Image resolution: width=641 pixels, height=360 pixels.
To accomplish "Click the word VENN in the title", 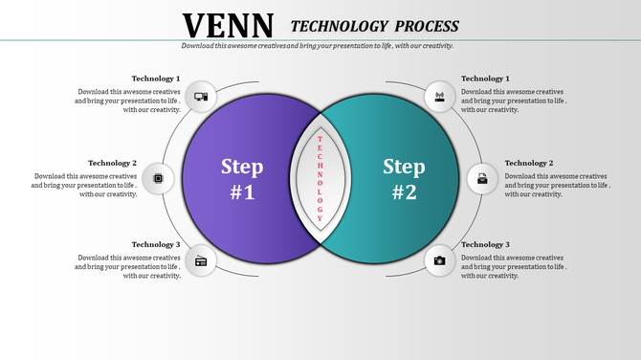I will pyautogui.click(x=228, y=25).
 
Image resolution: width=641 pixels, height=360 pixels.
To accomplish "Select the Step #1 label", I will pyautogui.click(x=242, y=178).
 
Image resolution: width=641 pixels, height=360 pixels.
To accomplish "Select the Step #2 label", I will pyautogui.click(x=405, y=178).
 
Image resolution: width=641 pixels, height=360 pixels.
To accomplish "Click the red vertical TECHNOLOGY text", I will pyautogui.click(x=320, y=178).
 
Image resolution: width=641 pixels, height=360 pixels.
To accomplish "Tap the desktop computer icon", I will pyautogui.click(x=201, y=96).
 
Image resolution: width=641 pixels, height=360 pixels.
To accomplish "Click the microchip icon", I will pyautogui.click(x=158, y=178).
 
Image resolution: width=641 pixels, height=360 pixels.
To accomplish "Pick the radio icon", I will pyautogui.click(x=201, y=260).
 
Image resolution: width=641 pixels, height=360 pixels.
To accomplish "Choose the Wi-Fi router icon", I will pyautogui.click(x=440, y=96).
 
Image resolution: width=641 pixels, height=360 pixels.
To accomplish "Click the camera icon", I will pyautogui.click(x=440, y=260).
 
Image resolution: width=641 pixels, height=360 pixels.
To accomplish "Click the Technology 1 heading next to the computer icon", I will pyautogui.click(x=155, y=79).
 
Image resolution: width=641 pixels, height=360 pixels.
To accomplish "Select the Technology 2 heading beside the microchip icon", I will pyautogui.click(x=112, y=163).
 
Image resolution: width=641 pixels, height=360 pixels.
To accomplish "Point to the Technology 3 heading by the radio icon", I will pyautogui.click(x=155, y=245).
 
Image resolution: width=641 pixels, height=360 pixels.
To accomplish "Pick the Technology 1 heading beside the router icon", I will pyautogui.click(x=485, y=79).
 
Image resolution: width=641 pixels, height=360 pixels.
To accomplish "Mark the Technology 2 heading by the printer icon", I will pyautogui.click(x=529, y=163).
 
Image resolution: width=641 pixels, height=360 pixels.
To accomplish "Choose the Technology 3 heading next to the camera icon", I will pyautogui.click(x=485, y=245).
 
